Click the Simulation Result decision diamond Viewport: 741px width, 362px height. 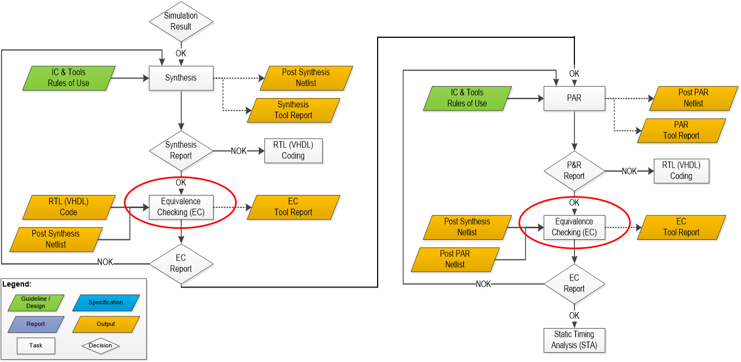click(181, 21)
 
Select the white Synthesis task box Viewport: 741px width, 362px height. click(181, 78)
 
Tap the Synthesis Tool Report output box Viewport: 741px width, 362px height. click(294, 110)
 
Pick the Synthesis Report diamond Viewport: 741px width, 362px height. click(181, 150)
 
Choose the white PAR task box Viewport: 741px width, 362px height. click(574, 98)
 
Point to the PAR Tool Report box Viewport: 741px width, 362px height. click(681, 130)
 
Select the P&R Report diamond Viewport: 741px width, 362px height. click(574, 171)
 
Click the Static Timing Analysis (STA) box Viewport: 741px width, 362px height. click(574, 340)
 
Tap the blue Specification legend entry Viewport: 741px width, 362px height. click(106, 302)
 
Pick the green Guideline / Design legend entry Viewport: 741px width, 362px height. click(36, 302)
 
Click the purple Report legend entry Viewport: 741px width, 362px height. click(36, 324)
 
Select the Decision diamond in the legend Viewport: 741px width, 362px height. click(100, 346)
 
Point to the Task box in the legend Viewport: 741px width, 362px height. click(36, 346)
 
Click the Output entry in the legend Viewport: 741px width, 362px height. click(106, 324)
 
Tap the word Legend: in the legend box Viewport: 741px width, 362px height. click(17, 284)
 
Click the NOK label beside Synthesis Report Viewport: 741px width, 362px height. click(238, 151)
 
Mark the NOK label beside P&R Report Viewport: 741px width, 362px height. click(629, 171)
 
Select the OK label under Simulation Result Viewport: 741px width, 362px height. click(181, 53)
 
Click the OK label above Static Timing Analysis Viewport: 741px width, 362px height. click(574, 316)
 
